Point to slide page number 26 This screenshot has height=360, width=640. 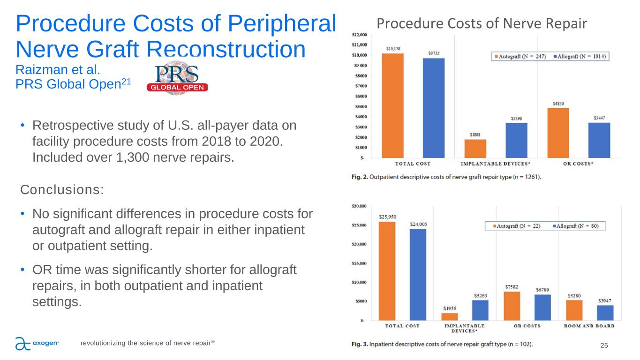(604, 345)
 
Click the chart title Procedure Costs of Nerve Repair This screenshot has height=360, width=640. (482, 23)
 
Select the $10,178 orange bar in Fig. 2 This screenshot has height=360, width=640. (393, 105)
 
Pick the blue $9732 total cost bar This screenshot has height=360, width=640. (433, 108)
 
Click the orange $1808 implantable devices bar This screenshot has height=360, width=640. (475, 148)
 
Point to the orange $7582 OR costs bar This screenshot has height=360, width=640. (512, 306)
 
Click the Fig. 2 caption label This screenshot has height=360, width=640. (360, 177)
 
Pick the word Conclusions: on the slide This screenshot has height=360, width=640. (62, 190)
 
